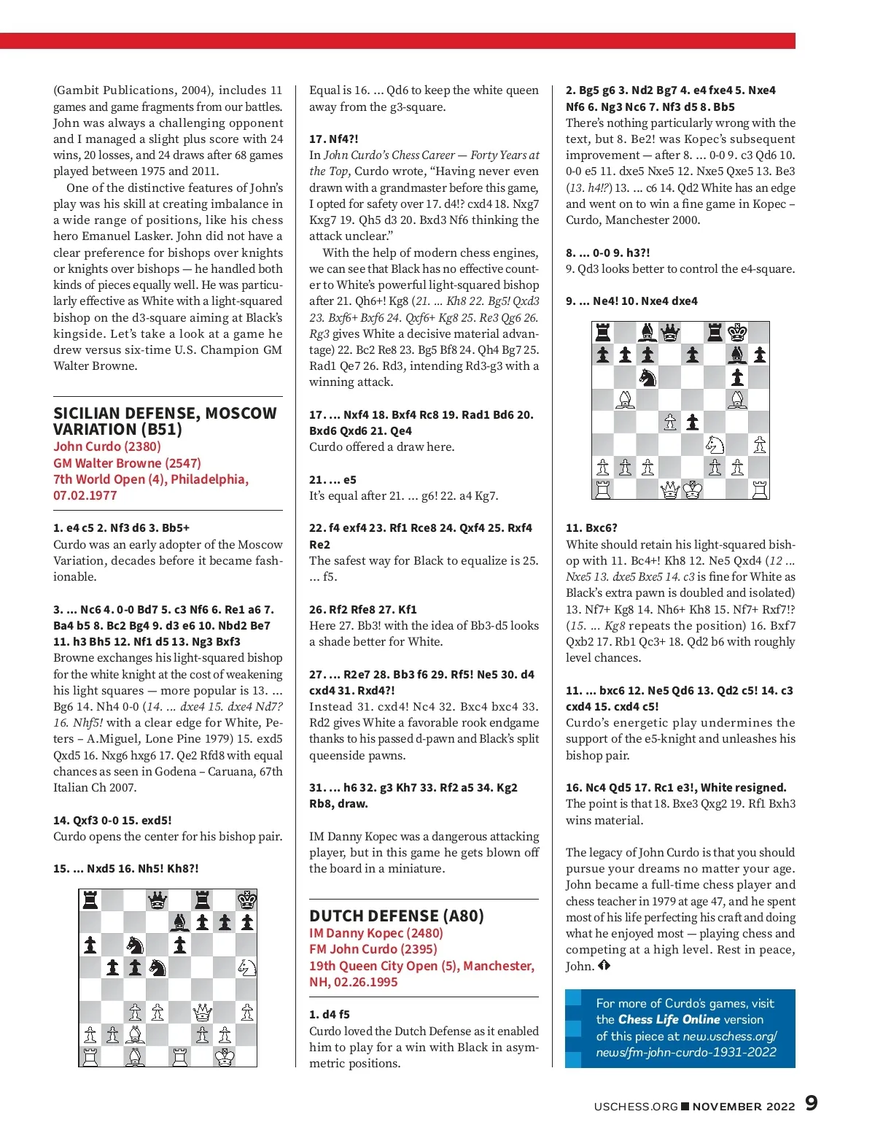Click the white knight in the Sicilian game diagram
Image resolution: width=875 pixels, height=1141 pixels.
[x=246, y=967]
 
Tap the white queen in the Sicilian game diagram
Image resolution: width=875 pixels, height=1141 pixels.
[x=202, y=1012]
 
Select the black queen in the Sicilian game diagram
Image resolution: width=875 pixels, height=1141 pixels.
[x=157, y=900]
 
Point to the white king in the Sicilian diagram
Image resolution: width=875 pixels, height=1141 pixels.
[x=225, y=1056]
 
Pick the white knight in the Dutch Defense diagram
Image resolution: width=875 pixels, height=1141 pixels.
[x=715, y=444]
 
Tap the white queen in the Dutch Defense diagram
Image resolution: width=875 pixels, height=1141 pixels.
[x=670, y=490]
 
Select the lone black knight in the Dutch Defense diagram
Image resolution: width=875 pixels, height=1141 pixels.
[x=647, y=377]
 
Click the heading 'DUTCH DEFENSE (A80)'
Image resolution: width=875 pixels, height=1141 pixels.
[x=397, y=916]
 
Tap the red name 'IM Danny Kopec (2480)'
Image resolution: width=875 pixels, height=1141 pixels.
[x=376, y=933]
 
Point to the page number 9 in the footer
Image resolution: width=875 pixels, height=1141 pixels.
[x=811, y=1103]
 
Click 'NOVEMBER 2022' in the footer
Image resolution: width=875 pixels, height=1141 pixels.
[x=744, y=1106]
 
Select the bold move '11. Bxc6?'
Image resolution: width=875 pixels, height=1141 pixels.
[x=591, y=527]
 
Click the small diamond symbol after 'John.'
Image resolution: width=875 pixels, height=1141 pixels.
[x=604, y=966]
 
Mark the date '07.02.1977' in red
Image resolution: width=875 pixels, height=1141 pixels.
[x=85, y=495]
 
